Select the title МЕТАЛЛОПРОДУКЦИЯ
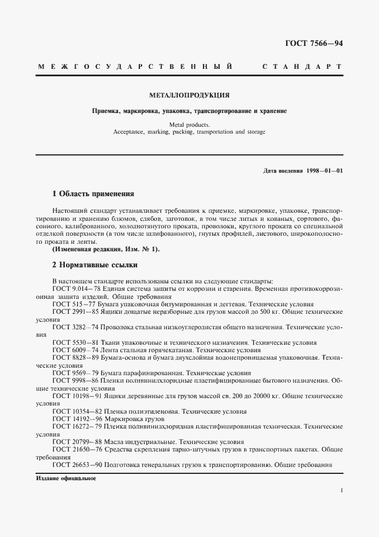tap(189, 95)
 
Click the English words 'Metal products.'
tap(189, 124)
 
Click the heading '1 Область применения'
tap(93, 194)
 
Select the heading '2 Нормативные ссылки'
tap(95, 266)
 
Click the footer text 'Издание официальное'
tap(67, 478)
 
